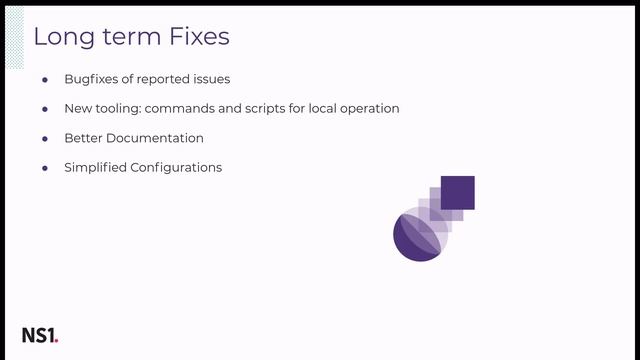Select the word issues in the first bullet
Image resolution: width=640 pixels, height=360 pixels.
point(209,79)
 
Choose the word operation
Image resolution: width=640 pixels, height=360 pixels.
point(366,108)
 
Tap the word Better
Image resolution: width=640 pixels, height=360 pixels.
point(84,138)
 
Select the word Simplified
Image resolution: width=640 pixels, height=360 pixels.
point(95,167)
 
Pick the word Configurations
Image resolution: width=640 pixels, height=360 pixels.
point(176,167)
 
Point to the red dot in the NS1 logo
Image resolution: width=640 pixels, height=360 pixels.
point(57,341)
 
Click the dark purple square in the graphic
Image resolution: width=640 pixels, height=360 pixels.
point(457,192)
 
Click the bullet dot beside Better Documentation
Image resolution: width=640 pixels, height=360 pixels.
point(45,138)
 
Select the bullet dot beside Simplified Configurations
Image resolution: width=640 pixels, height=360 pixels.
point(45,167)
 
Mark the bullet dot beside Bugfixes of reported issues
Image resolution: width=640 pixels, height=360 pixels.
point(45,79)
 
